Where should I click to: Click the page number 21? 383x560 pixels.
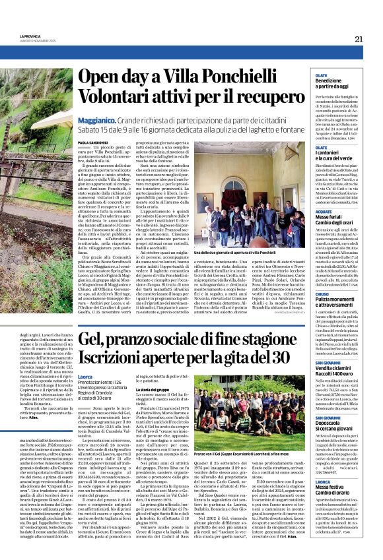point(358,38)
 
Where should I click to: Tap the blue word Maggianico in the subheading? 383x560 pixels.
point(100,121)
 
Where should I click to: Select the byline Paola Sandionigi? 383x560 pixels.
point(92,142)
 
